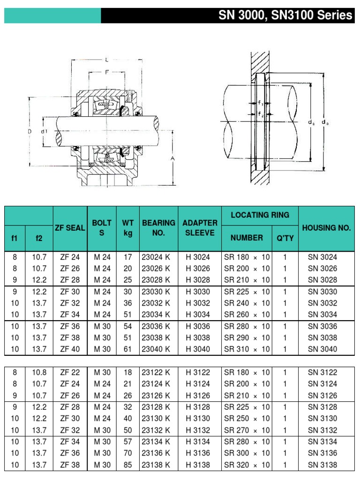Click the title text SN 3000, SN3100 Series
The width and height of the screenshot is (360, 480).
click(285, 15)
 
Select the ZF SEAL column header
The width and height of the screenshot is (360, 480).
click(70, 228)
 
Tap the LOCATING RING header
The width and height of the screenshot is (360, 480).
click(260, 215)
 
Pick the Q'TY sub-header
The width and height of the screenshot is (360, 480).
click(285, 238)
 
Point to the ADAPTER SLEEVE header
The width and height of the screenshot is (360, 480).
click(200, 228)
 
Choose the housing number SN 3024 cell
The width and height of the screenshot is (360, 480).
click(322, 257)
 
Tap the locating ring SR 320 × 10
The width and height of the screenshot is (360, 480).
click(247, 465)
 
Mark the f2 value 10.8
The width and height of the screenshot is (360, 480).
click(39, 372)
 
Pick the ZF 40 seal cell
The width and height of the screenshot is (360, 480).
click(70, 349)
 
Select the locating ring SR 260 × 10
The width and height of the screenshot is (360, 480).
click(247, 315)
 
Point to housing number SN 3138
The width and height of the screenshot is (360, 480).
click(322, 465)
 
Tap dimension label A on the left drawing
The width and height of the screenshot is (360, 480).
click(172, 158)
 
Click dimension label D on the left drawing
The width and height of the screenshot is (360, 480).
click(29, 132)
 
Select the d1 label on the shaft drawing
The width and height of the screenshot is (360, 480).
click(44, 132)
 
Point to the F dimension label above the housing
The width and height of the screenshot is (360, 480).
click(107, 72)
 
